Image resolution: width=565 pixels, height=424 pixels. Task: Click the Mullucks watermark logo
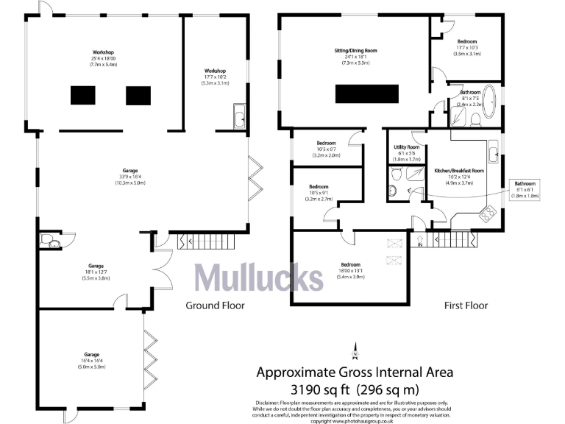click(x=258, y=278)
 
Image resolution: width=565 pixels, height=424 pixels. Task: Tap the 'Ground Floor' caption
click(x=215, y=305)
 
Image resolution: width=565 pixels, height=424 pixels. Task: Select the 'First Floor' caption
click(x=466, y=305)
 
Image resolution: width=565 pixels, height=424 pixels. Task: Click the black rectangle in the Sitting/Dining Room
click(x=367, y=94)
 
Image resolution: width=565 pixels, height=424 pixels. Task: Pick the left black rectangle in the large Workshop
click(x=84, y=95)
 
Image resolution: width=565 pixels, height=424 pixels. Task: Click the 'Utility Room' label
click(x=408, y=147)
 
